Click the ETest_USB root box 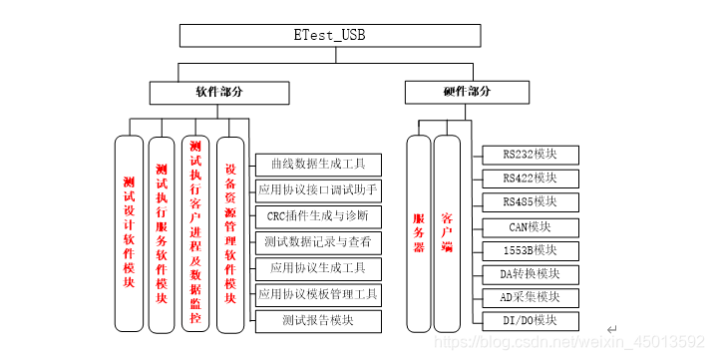(329, 35)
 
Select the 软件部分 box (218, 92)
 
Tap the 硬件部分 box (467, 92)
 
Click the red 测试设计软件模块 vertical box (129, 232)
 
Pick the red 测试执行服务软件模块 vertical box (162, 232)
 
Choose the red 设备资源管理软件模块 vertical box (230, 232)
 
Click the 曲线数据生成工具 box (318, 163)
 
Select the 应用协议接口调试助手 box (318, 189)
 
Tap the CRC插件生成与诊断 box (318, 215)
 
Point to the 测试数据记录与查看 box (318, 242)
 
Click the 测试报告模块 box (318, 321)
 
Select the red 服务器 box (419, 232)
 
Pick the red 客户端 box (448, 232)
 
